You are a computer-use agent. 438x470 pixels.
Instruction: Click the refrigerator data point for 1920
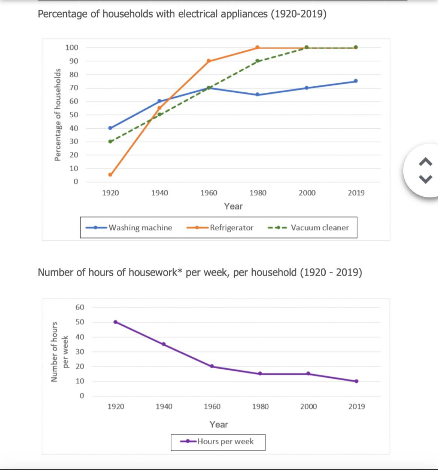pyautogui.click(x=110, y=175)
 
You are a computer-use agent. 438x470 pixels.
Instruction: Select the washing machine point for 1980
pyautogui.click(x=258, y=95)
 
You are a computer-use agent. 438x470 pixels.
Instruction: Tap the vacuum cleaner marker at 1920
pyautogui.click(x=110, y=141)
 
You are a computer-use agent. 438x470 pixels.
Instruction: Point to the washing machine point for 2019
pyautogui.click(x=356, y=81)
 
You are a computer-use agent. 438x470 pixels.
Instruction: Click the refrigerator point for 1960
pyautogui.click(x=209, y=61)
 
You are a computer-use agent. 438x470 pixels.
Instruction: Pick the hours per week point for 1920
pyautogui.click(x=115, y=322)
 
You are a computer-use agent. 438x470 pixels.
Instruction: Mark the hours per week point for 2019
pyautogui.click(x=356, y=381)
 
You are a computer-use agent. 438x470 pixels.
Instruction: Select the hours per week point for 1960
pyautogui.click(x=212, y=366)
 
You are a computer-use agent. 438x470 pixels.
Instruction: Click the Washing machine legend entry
pyautogui.click(x=140, y=227)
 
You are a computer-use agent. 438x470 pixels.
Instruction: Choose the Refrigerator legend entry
pyautogui.click(x=231, y=227)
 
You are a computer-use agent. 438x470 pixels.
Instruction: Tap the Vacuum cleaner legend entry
pyautogui.click(x=319, y=227)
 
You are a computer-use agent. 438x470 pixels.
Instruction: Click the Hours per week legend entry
pyautogui.click(x=225, y=442)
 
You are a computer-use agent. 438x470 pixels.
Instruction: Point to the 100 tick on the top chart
pyautogui.click(x=72, y=47)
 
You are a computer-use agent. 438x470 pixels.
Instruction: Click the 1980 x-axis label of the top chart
pyautogui.click(x=258, y=193)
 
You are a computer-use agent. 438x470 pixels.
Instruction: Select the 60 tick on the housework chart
pyautogui.click(x=80, y=307)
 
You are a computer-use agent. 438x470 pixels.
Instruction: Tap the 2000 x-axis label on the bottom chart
pyautogui.click(x=308, y=406)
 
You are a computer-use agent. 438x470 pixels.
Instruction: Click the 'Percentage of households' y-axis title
pyautogui.click(x=58, y=115)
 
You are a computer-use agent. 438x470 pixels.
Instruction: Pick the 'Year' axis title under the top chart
pyautogui.click(x=233, y=206)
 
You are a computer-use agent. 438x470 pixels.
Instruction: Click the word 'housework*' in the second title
pyautogui.click(x=155, y=272)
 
